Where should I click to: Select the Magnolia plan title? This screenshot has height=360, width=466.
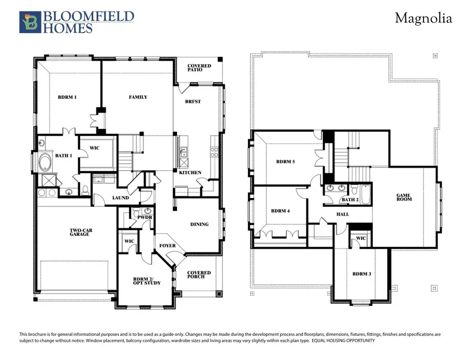tap(423, 19)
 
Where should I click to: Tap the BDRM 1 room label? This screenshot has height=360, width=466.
tap(67, 97)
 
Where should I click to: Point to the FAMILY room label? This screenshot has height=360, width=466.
tap(138, 97)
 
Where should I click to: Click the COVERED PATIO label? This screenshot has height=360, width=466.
tap(199, 68)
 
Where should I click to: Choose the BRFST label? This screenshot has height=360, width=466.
tap(193, 102)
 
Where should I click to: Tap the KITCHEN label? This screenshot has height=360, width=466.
tap(190, 172)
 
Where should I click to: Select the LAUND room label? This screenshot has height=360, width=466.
tap(120, 197)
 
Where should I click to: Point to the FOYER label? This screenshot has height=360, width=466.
tap(167, 246)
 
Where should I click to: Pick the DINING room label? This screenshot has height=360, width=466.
tap(199, 224)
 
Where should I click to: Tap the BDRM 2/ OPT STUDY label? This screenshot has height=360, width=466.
tap(146, 280)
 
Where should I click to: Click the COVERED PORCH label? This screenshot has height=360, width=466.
tap(199, 275)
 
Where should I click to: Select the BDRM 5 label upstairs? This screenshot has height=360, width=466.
tap(285, 162)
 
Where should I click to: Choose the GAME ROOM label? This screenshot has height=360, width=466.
tap(404, 197)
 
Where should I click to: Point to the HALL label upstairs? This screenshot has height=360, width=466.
tap(342, 214)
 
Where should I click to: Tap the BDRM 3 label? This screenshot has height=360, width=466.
tap(361, 273)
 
